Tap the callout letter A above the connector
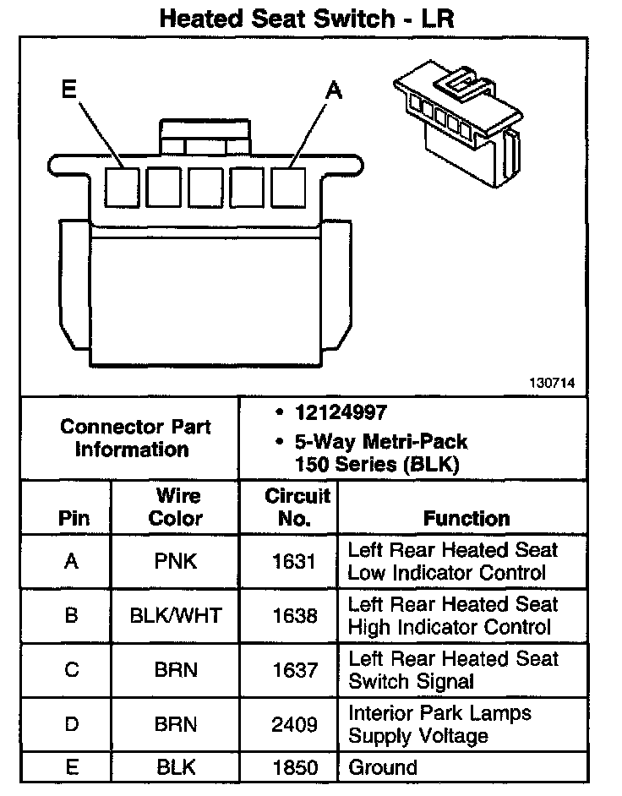pos(335,89)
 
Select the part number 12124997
pos(340,413)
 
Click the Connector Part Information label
pos(136,438)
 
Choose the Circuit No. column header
pos(293,506)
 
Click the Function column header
pos(466,518)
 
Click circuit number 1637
pos(294,670)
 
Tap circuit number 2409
pos(294,724)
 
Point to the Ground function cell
pos(383,767)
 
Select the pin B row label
pos(71,615)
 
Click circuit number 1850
pos(294,767)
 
